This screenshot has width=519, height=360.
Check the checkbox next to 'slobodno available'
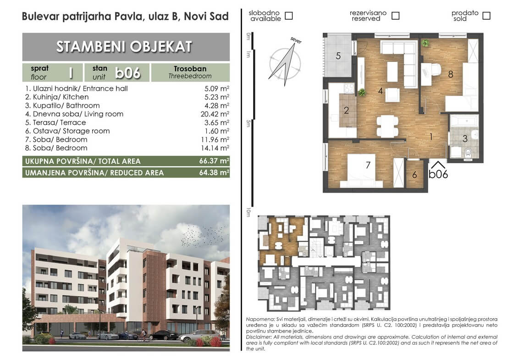click(x=289, y=16)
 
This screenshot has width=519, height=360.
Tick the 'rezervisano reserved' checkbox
click(x=395, y=16)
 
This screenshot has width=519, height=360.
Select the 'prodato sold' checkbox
click(x=486, y=16)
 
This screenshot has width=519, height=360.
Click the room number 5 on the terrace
click(x=338, y=55)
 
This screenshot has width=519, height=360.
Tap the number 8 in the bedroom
click(x=451, y=74)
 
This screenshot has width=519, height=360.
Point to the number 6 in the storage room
click(x=414, y=175)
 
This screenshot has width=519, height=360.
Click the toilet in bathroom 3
click(x=469, y=153)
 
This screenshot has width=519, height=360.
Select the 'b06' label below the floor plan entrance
click(x=438, y=174)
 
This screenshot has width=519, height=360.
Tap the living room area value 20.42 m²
click(x=215, y=114)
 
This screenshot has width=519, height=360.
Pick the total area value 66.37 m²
click(x=214, y=161)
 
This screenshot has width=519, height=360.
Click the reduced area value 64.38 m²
click(x=214, y=172)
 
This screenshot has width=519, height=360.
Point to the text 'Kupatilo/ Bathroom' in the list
click(x=66, y=105)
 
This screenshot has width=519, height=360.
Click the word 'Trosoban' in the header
click(x=190, y=69)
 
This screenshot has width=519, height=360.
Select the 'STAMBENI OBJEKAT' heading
click(x=124, y=47)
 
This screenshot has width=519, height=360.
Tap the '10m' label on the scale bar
click(x=248, y=212)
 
